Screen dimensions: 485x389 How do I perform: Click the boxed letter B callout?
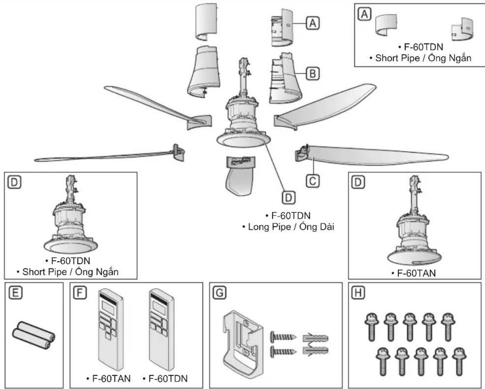coord(313,74)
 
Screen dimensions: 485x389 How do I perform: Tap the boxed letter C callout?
coord(313,181)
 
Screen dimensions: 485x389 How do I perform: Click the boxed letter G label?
coord(220,293)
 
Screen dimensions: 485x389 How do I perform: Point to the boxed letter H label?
coord(358,293)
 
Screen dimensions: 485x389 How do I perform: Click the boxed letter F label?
coord(80,293)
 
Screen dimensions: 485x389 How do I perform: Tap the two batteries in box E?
coord(34,335)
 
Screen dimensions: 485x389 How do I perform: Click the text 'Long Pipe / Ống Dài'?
coord(291,227)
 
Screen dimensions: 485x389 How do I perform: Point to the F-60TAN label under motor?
coord(416,273)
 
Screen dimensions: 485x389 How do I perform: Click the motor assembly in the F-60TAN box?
coord(414,221)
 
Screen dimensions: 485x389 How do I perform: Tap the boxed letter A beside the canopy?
coord(313,23)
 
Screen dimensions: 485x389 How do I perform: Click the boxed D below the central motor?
coord(289,197)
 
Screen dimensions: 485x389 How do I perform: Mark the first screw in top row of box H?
coord(372,327)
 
